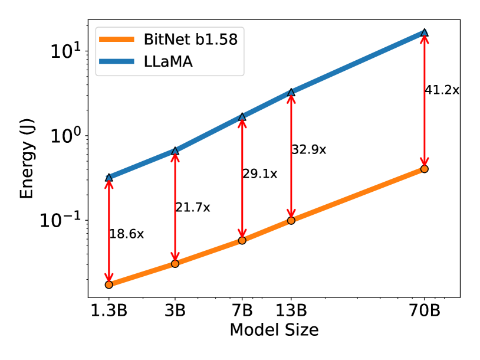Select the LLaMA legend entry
pyautogui.click(x=168, y=63)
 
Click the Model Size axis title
pyautogui.click(x=274, y=330)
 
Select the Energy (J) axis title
pyautogui.click(x=27, y=161)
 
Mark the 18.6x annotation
pyautogui.click(x=126, y=234)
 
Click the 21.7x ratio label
pyautogui.click(x=192, y=207)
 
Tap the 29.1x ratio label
pyautogui.click(x=259, y=174)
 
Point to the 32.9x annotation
pyautogui.click(x=308, y=149)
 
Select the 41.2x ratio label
pyautogui.click(x=442, y=90)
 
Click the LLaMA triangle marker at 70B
pyautogui.click(x=425, y=32)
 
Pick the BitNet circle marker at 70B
pyautogui.click(x=425, y=169)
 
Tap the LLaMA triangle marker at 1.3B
pyautogui.click(x=109, y=177)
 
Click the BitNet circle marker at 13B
pyautogui.click(x=291, y=220)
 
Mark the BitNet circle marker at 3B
pyautogui.click(x=175, y=263)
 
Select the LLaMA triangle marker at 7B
pyautogui.click(x=242, y=117)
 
